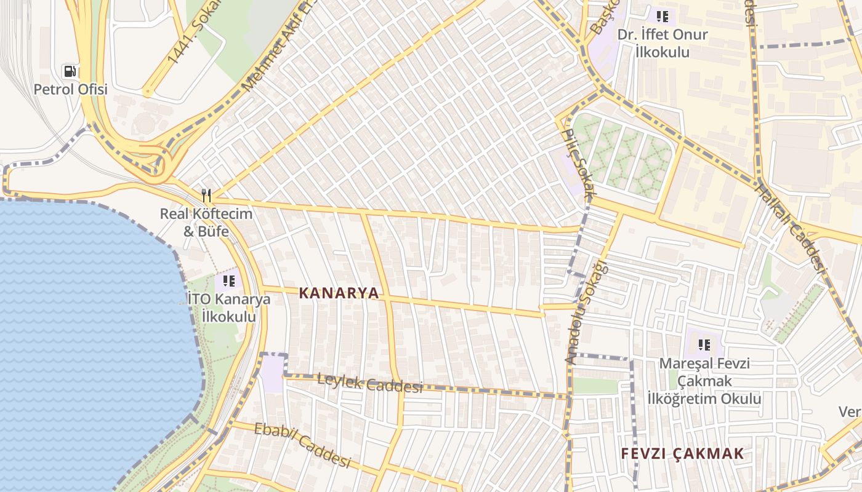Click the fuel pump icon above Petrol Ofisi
point(70,71)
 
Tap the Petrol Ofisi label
point(70,89)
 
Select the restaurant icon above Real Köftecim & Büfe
point(206,196)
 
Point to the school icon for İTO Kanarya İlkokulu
point(228,281)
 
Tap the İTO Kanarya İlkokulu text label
point(228,308)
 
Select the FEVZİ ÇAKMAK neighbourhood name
point(682,454)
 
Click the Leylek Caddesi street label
point(369,384)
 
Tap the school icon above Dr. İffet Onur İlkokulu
point(662,16)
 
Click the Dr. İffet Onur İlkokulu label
point(663,43)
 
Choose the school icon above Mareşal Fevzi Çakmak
point(704,345)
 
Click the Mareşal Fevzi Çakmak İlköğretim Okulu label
point(704,381)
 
